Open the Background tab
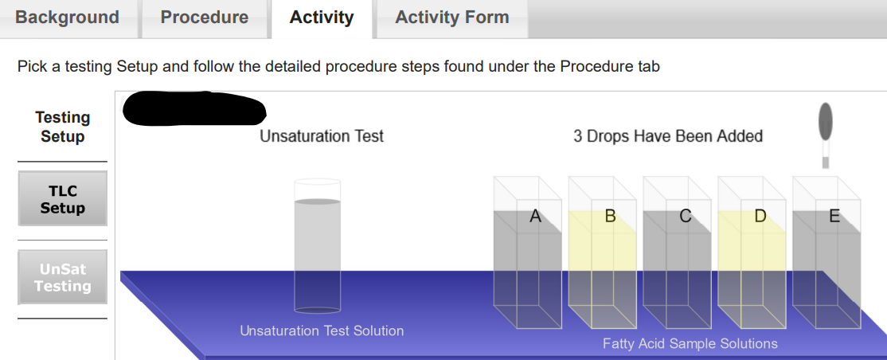point(67,18)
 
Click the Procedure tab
point(205,18)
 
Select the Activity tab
point(322,18)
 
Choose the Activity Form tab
point(451,18)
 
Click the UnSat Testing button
point(62,277)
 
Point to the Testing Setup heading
point(62,127)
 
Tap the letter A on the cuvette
point(535,216)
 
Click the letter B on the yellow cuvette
point(610,216)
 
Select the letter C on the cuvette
point(685,216)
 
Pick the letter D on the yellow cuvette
point(760,216)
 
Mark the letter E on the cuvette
point(834,216)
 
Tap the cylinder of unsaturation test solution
point(317,247)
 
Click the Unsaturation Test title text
point(322,136)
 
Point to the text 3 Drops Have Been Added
point(668,136)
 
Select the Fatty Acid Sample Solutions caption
point(690,344)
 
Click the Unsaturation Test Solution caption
point(322,331)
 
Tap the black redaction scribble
point(193,109)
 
